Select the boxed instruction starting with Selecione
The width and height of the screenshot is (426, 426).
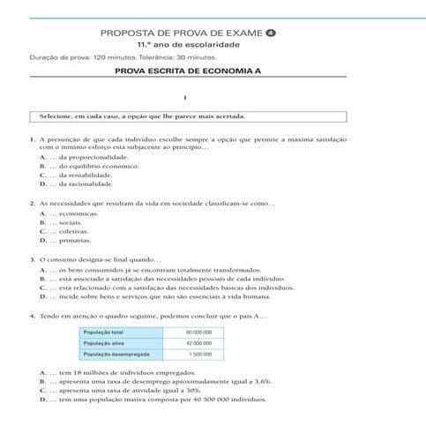185,116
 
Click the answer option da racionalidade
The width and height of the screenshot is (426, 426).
81,184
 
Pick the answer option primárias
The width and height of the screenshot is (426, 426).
74,241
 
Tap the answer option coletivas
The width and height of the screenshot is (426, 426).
73,231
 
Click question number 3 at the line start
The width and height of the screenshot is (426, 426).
32,259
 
